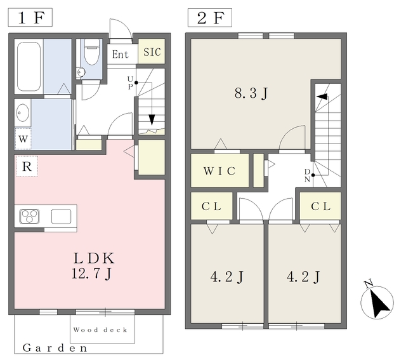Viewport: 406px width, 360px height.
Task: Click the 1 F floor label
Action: (30, 17)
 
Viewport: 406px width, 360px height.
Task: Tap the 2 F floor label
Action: (210, 18)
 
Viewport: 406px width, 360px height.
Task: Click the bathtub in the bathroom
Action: (29, 67)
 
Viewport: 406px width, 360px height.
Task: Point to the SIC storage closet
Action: (152, 51)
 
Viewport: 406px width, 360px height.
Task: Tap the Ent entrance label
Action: (121, 55)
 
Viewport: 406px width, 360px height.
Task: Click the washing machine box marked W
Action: (23, 138)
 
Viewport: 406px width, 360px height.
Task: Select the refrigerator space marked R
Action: (27, 166)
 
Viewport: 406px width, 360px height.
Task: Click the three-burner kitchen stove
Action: (29, 217)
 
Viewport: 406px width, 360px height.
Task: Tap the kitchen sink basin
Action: (61, 217)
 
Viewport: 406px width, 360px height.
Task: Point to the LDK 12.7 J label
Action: (93, 265)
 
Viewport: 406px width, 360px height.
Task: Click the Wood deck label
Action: (100, 330)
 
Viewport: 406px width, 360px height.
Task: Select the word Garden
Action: (55, 348)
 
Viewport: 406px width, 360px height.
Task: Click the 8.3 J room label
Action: (251, 93)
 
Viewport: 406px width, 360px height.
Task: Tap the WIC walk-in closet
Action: (219, 171)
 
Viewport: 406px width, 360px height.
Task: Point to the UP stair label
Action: (130, 83)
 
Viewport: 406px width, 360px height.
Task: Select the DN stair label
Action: (307, 175)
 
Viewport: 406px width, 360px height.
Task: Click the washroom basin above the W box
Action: (23, 112)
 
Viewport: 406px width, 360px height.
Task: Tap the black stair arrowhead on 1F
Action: (152, 120)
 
